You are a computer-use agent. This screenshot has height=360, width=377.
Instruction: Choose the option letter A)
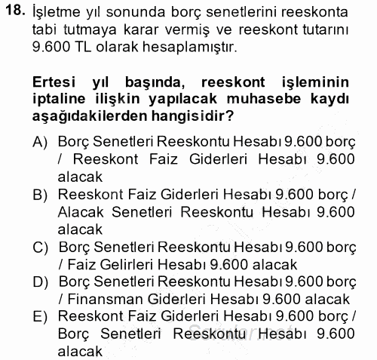[40, 141]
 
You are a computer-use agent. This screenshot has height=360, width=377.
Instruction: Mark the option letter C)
[40, 248]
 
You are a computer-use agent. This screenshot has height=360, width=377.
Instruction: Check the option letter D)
[40, 282]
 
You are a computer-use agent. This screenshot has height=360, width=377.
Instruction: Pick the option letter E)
[40, 317]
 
